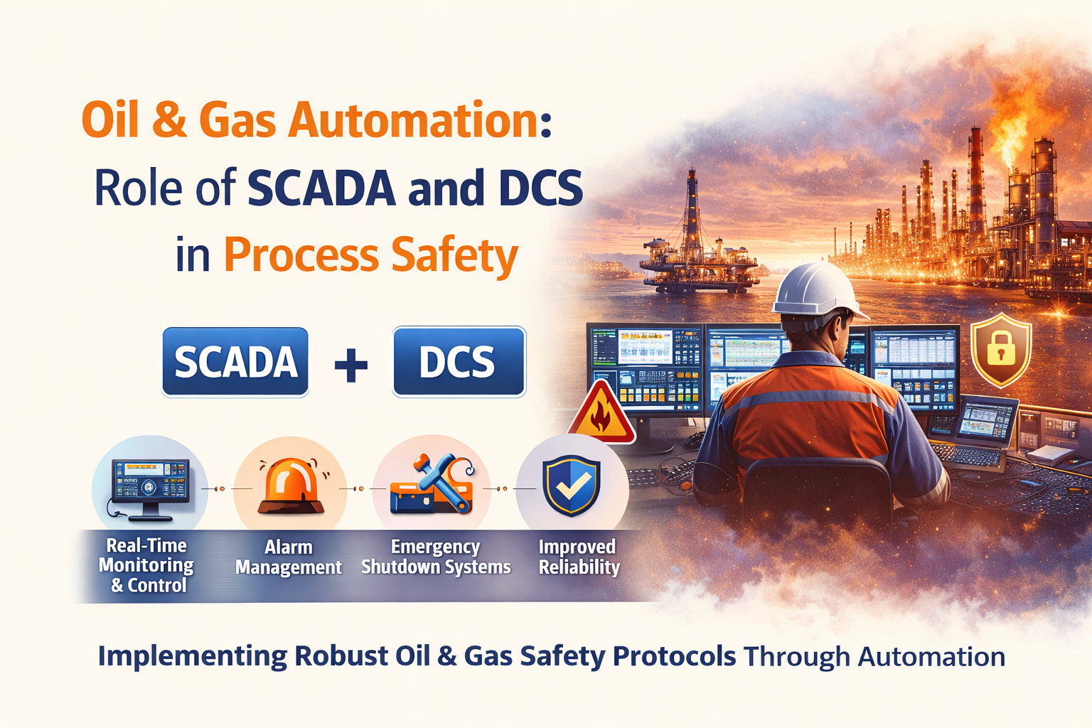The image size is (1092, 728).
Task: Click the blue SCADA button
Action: pos(235,362)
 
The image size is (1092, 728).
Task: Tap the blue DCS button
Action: pos(459,362)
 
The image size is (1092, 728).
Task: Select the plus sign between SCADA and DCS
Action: pos(350,365)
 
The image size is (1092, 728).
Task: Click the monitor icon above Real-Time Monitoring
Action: pos(150,485)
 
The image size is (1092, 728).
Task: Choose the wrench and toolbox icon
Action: pos(432,485)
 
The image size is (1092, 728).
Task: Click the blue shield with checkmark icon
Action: pos(572,486)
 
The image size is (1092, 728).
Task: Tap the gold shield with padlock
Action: pos(1001,349)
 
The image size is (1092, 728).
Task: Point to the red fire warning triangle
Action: pos(601,414)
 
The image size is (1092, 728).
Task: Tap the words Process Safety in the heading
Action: pos(371,255)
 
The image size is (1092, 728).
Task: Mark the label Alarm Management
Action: pos(289,557)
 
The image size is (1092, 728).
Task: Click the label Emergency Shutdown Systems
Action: pos(436,557)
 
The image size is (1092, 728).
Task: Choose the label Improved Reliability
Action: pos(579,557)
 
